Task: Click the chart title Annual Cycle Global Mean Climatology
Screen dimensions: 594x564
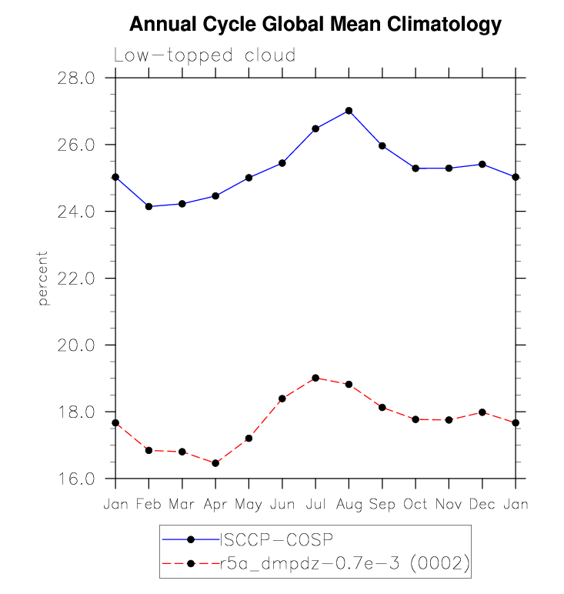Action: click(x=315, y=25)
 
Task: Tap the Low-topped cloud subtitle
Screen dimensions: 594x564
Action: click(x=204, y=56)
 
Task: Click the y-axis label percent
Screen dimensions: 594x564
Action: click(x=44, y=278)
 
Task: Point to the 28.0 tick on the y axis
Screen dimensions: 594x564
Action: click(x=75, y=78)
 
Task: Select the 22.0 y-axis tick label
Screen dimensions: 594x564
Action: click(x=75, y=278)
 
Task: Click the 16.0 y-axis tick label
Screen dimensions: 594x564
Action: click(x=75, y=479)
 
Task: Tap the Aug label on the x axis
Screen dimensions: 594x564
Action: click(x=349, y=504)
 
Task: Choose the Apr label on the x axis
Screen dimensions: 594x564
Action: click(x=215, y=504)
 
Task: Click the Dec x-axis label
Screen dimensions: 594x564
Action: click(x=482, y=504)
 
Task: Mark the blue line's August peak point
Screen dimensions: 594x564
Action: click(x=349, y=111)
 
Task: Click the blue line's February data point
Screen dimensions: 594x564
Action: click(x=149, y=206)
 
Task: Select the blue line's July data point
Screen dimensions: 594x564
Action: click(x=315, y=128)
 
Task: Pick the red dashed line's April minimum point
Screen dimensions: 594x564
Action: click(x=215, y=463)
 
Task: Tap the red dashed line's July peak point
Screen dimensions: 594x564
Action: click(x=315, y=378)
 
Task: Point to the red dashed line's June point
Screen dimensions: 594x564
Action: click(x=282, y=399)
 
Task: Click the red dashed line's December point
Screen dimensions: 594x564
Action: click(x=482, y=412)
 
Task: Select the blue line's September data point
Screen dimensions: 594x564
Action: click(x=382, y=145)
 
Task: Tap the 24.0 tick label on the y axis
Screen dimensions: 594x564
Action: click(x=75, y=212)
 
